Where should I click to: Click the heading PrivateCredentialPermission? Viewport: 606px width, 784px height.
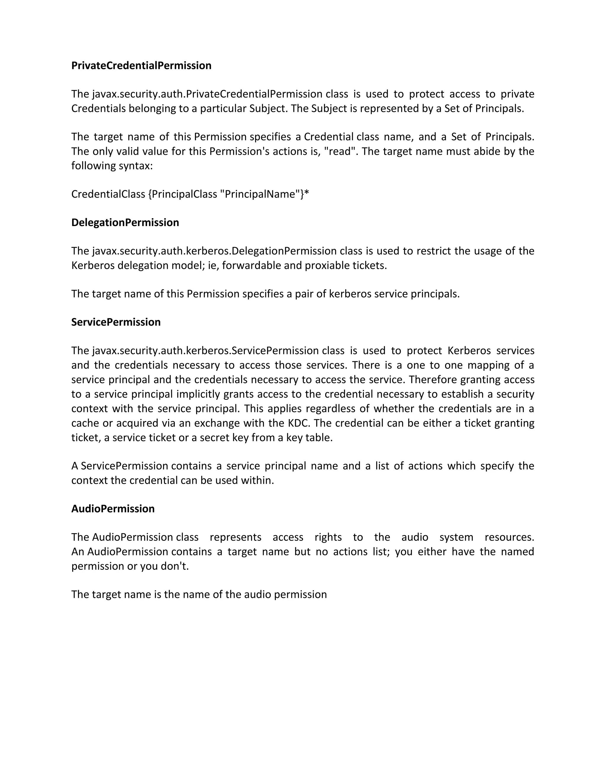click(x=141, y=66)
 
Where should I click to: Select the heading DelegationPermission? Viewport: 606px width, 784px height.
click(x=125, y=222)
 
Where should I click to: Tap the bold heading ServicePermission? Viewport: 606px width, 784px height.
click(x=116, y=322)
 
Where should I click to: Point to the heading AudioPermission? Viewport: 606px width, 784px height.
click(x=113, y=509)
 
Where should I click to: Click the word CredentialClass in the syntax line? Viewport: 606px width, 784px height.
click(x=108, y=194)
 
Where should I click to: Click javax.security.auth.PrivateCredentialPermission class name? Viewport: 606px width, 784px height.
click(x=207, y=94)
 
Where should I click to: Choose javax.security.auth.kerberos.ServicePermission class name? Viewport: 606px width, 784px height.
click(x=205, y=351)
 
